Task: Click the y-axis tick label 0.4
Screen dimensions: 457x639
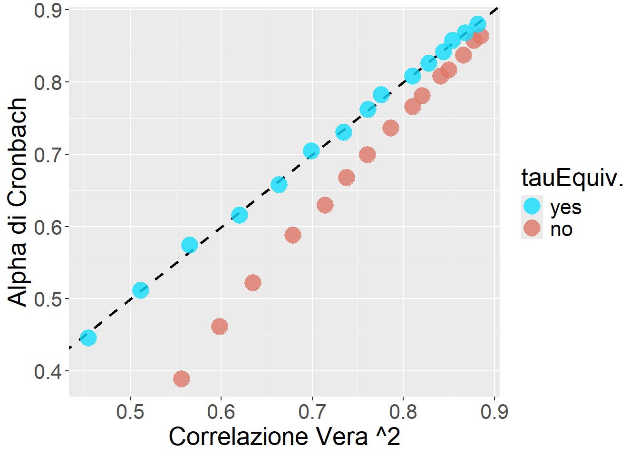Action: (x=48, y=371)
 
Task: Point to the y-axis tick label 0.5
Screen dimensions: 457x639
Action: (x=48, y=299)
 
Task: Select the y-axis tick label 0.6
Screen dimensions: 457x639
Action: (x=48, y=227)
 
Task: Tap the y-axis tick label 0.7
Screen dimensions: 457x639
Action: (x=48, y=155)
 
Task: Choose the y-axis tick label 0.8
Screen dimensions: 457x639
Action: (x=48, y=82)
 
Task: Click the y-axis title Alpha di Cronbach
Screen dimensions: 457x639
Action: (x=18, y=202)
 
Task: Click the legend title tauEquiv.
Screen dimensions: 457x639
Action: (x=572, y=178)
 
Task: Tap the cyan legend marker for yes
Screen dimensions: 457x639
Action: (x=532, y=206)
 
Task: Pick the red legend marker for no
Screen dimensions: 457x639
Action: (x=532, y=228)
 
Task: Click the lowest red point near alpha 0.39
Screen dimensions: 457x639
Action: (x=182, y=379)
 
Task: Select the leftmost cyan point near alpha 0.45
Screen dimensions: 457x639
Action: (x=88, y=338)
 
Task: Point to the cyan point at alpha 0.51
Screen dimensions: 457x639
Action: (x=141, y=290)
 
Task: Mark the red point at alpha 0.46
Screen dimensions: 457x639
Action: (x=220, y=327)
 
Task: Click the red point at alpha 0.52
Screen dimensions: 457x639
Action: (x=253, y=283)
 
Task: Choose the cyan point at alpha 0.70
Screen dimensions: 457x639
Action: (x=311, y=151)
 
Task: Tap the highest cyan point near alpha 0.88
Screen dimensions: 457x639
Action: (x=478, y=24)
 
